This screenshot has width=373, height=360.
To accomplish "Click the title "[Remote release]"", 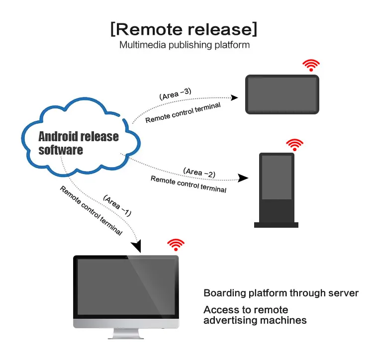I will [x=184, y=29].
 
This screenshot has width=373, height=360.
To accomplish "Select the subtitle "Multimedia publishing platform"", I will [x=184, y=45].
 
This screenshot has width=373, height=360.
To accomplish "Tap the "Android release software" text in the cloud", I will [x=78, y=143].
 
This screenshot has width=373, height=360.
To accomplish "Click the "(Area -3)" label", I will [x=175, y=94].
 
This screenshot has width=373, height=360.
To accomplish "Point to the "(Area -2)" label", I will [x=199, y=173].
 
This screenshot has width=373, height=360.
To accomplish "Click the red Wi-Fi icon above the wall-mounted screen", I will [x=312, y=66].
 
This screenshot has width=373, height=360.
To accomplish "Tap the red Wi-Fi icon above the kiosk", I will [x=294, y=145].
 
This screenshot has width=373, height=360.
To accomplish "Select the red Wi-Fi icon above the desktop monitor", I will [x=176, y=244].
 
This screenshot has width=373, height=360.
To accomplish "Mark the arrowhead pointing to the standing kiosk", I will [x=243, y=178].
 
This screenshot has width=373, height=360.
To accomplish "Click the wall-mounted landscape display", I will [x=282, y=94].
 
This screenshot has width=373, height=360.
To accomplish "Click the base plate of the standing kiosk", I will [x=276, y=225].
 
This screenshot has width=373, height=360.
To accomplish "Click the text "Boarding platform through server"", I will [x=281, y=293].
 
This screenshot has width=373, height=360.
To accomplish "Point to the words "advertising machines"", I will [x=255, y=320].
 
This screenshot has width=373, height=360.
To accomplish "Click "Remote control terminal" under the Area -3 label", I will [x=183, y=112].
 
